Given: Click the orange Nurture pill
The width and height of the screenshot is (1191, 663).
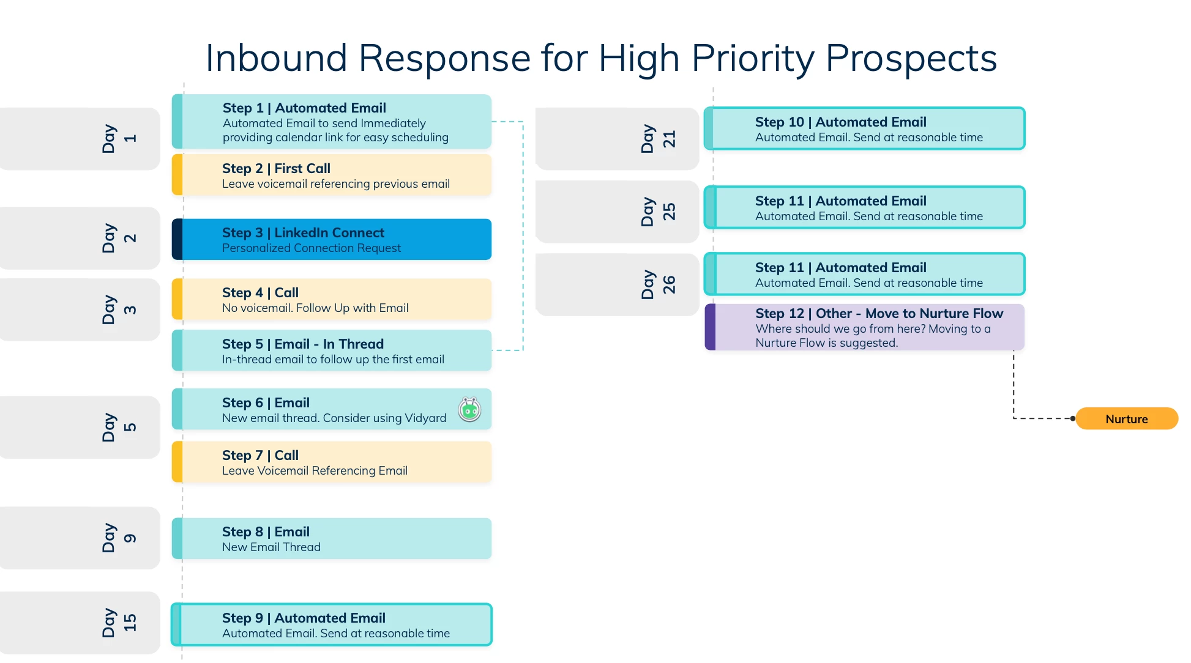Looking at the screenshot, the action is (1127, 419).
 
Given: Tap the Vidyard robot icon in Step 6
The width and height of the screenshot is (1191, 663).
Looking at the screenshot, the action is (470, 410).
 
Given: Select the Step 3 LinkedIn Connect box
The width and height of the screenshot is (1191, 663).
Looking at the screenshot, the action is (332, 239).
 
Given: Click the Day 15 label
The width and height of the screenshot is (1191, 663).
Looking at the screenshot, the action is (119, 623).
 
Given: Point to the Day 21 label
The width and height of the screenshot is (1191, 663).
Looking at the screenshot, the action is (659, 139).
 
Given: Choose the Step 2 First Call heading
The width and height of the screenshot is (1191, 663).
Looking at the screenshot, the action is (276, 168).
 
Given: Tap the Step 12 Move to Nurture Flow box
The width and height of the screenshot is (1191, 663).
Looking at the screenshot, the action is (865, 327).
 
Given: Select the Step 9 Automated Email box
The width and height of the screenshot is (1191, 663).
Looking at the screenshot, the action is (332, 624).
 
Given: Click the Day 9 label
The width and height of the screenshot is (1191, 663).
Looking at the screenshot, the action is (119, 538).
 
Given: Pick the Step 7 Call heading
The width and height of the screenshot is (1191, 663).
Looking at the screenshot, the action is (260, 455).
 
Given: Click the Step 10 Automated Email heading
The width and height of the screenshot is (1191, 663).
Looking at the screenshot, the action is (840, 122).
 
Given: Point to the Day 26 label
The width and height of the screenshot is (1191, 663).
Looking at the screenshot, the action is (659, 284).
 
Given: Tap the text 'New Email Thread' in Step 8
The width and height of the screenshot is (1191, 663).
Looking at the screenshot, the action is (271, 547).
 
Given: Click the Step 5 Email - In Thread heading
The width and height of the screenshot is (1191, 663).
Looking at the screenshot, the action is (303, 344).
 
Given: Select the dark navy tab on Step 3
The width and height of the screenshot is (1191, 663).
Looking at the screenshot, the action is (177, 239).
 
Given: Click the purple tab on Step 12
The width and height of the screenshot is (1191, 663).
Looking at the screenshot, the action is (710, 327).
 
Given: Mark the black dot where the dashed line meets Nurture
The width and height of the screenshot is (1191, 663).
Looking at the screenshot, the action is (1073, 419).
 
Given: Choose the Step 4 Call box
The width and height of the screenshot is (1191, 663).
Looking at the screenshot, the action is (332, 300).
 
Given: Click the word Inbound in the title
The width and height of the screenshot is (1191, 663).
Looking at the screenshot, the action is (277, 58).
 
